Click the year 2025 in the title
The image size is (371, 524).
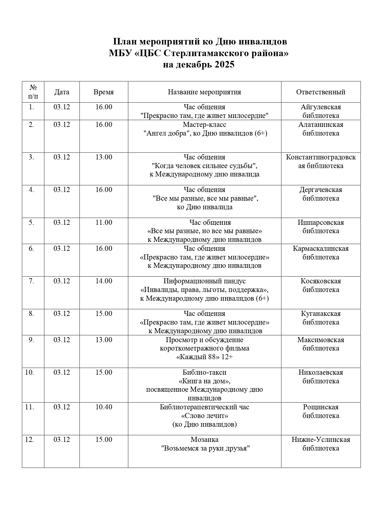224,65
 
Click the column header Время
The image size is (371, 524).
103,92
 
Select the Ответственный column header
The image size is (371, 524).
320,92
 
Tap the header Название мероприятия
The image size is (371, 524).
204,92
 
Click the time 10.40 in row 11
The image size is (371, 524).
104,407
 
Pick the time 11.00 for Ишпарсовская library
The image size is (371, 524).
104,222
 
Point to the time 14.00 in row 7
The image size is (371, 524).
104,281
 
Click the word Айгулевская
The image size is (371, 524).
321,107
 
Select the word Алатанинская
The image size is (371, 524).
321,125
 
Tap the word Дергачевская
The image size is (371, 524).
321,190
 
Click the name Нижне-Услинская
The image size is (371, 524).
321,440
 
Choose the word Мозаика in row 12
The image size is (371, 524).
204,440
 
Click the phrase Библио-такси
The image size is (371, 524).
204,372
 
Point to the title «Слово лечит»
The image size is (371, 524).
204,416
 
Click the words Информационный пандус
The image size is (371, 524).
204,281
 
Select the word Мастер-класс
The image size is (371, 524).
204,125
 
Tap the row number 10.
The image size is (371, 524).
29,372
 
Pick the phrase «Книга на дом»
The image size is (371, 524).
204,381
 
